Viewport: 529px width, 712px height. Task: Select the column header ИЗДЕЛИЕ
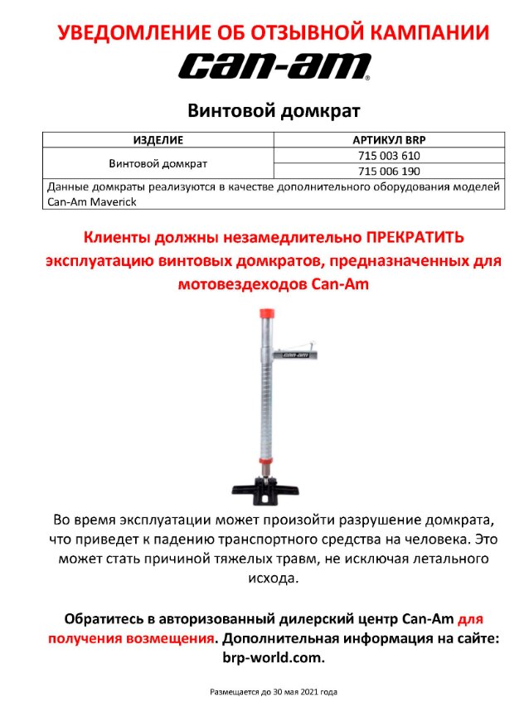[x=158, y=140]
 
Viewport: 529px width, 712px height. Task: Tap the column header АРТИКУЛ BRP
[x=388, y=140]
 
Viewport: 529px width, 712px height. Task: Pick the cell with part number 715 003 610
[x=388, y=155]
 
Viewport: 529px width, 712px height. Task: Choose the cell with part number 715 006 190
[x=388, y=171]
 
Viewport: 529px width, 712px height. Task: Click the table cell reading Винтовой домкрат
[x=158, y=163]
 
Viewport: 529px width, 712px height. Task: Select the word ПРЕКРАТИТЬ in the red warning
[x=415, y=237]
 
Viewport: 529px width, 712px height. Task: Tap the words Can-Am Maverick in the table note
[x=92, y=201]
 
